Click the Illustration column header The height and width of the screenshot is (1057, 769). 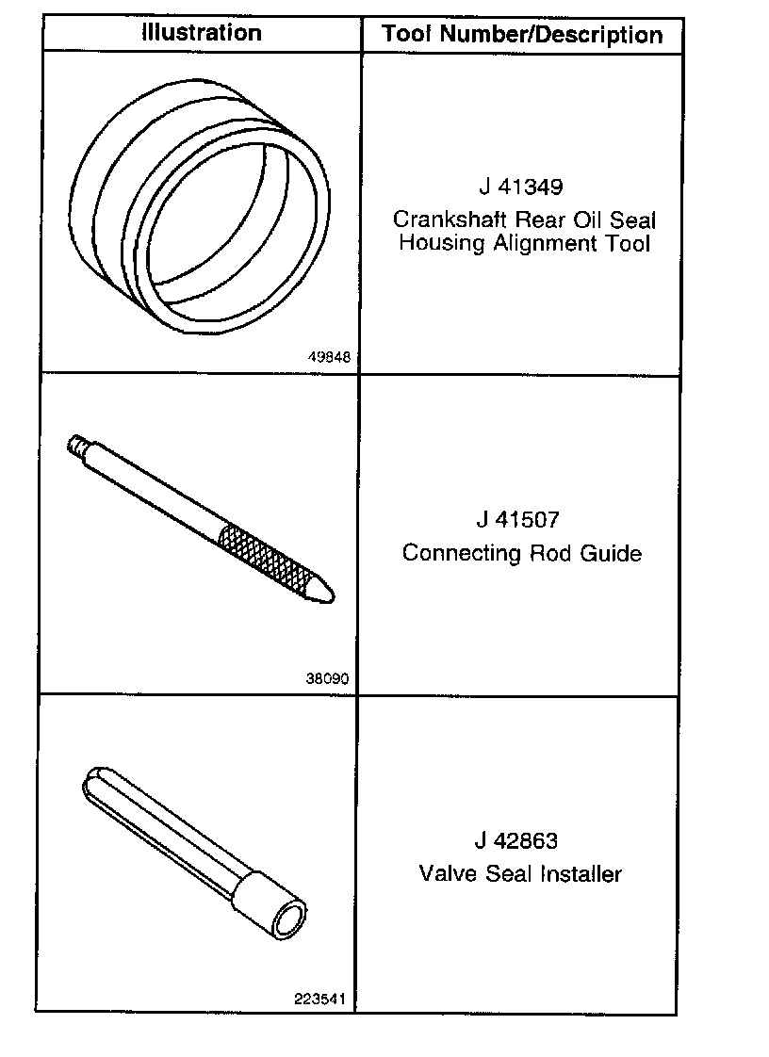[201, 33]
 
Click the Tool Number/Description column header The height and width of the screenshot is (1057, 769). [522, 36]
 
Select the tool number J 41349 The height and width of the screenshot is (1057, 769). [520, 187]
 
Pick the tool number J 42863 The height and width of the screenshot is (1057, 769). [519, 839]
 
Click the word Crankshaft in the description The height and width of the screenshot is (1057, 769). [450, 220]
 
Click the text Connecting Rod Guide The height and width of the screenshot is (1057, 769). [521, 552]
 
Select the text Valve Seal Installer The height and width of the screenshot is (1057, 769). [520, 873]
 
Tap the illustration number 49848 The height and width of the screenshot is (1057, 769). [329, 357]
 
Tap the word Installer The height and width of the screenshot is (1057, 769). [581, 873]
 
